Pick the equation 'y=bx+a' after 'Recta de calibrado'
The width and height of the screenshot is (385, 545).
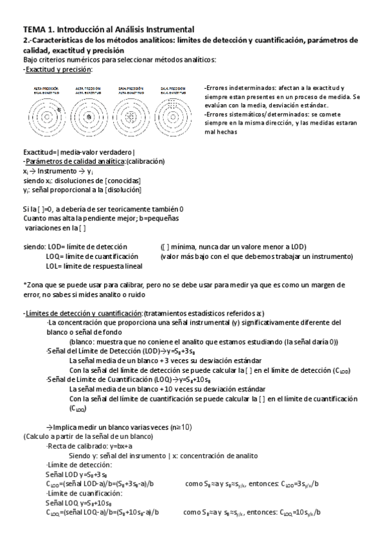(117, 445)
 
